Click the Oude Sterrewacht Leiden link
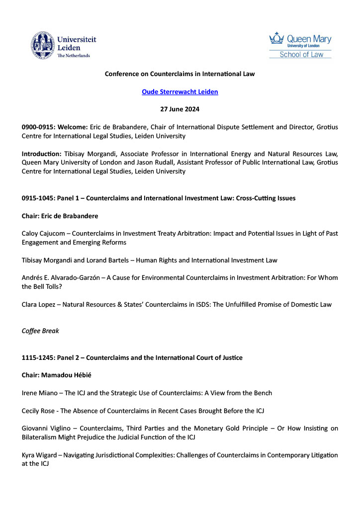point(180,92)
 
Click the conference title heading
point(180,74)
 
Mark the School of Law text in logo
point(301,55)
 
